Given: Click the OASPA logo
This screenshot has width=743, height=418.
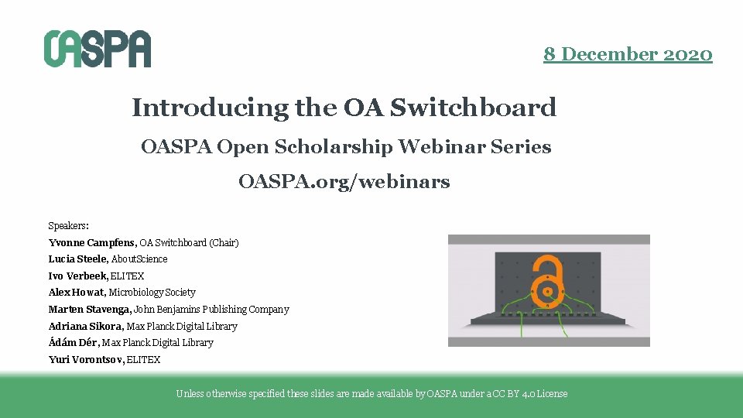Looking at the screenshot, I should point(97,49).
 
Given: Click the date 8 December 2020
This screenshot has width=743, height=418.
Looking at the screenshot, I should point(628,54).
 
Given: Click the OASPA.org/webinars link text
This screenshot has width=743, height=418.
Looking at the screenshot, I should point(344,183).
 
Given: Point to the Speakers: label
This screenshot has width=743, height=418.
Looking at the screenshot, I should point(68,226).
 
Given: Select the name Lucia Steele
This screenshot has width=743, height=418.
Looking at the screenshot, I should point(78,259).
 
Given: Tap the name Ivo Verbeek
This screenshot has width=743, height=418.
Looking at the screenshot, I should point(77,276).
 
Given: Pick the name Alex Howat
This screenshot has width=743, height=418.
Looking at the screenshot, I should point(76,293).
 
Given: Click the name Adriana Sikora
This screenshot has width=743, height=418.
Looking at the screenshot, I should point(85,326).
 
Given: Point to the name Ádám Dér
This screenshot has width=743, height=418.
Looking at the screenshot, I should point(74,343).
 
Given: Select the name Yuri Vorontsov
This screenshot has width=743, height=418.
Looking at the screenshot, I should point(85,359).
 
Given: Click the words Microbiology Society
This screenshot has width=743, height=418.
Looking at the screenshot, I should point(152,293).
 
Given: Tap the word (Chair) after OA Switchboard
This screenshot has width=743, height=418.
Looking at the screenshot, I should point(224,242).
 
